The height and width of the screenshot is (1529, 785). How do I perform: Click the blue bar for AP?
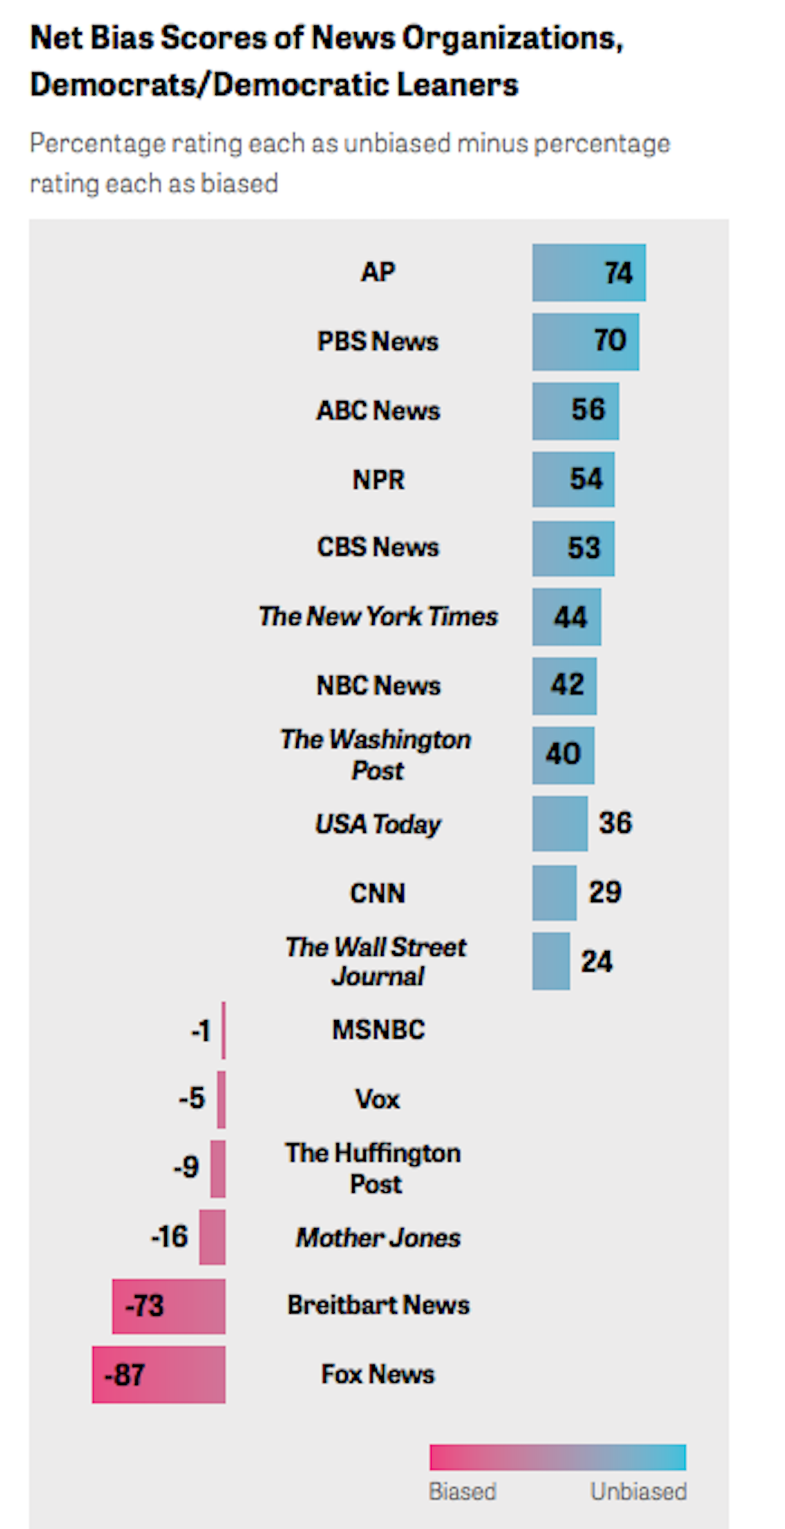pos(588,273)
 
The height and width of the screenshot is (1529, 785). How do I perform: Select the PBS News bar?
pos(585,342)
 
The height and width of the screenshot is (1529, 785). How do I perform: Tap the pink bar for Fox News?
pos(158,1374)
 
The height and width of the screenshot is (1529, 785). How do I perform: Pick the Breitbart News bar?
pos(169,1305)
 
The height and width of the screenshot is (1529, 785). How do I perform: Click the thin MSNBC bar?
pos(223,1030)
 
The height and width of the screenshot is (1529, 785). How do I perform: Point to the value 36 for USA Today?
pos(615,823)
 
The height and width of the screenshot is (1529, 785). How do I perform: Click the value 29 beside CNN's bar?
pos(605,892)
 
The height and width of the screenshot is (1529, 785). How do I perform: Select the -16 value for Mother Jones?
pos(169,1237)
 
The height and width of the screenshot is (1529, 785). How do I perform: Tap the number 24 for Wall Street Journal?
pos(596,961)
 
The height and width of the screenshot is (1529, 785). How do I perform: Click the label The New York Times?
pos(378,617)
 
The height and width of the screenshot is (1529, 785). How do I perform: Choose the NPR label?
pos(378,479)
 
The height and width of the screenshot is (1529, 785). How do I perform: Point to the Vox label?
pos(377,1099)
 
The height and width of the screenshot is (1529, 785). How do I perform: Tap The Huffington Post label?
pos(373,1168)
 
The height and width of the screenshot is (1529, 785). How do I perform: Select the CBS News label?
pos(378,547)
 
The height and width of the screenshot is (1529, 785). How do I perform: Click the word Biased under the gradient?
pos(462,1490)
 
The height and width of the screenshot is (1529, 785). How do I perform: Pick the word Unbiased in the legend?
pos(638,1490)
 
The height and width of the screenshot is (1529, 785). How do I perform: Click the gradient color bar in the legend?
pos(557,1457)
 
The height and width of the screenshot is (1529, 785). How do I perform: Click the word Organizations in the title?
pos(512,38)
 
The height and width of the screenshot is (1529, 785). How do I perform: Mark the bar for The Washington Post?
pos(562,755)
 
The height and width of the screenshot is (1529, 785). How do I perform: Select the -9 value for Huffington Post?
pos(186,1167)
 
